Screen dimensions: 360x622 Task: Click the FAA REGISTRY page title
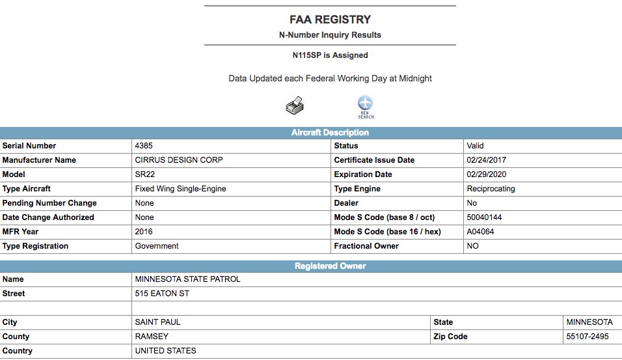pos(330,20)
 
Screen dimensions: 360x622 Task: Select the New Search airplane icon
pos(366,106)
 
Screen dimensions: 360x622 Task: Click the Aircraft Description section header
pos(330,133)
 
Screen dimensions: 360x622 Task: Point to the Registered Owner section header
pos(330,266)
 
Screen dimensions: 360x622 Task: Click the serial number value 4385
pos(144,146)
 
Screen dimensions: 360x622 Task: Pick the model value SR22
pos(144,174)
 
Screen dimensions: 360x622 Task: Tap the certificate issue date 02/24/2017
pos(487,160)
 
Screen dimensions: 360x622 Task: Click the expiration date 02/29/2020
pos(487,174)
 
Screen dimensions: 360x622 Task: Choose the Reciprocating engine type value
pos(491,189)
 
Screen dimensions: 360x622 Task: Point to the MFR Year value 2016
pos(144,232)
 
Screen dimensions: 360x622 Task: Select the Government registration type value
pos(157,246)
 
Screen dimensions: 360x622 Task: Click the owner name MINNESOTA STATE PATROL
pos(187,279)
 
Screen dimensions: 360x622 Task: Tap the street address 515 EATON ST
pos(162,294)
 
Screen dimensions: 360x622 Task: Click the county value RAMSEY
pos(152,337)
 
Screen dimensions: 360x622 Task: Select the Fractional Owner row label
pos(366,246)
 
